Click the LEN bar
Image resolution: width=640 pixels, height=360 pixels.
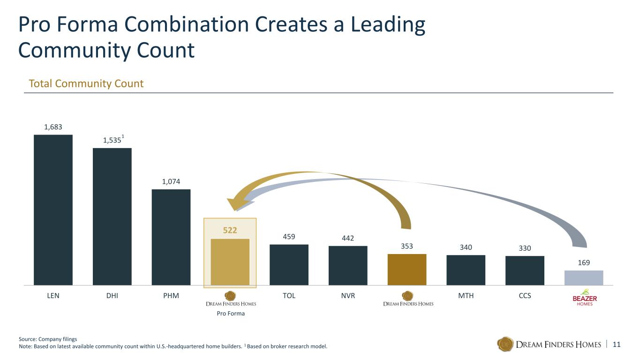click(53, 210)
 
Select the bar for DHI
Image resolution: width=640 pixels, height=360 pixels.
click(112, 217)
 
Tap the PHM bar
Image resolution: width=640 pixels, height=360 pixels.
click(171, 237)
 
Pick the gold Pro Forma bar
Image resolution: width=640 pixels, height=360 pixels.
click(230, 262)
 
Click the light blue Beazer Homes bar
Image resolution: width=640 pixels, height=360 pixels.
click(584, 277)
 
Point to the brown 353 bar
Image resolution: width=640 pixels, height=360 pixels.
click(407, 270)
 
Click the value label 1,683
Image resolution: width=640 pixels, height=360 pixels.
click(53, 127)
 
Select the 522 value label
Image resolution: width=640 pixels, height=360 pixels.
click(230, 230)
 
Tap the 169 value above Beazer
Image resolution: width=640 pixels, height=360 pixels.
click(584, 262)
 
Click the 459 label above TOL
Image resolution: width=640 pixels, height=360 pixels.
click(289, 237)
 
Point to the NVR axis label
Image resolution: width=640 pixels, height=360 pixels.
click(348, 296)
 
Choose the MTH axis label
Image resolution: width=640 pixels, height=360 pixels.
click(466, 296)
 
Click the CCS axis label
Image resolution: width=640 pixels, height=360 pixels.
click(525, 296)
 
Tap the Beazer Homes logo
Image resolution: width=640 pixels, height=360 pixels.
click(585, 298)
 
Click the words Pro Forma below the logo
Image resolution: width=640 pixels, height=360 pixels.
click(231, 314)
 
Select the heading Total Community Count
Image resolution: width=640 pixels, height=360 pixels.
click(86, 83)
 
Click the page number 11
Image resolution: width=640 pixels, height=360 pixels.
click(617, 345)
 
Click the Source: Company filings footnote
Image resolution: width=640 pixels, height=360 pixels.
click(48, 339)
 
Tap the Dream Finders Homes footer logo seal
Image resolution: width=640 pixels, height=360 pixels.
click(505, 344)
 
